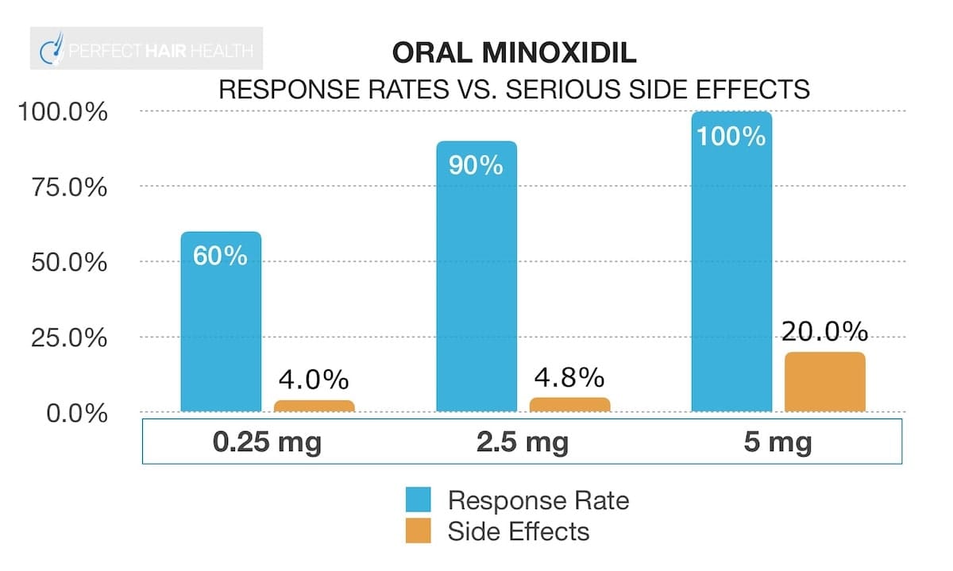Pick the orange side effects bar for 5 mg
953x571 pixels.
click(x=824, y=382)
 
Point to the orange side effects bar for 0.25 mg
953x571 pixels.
click(x=314, y=406)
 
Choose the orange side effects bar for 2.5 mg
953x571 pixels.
click(x=569, y=405)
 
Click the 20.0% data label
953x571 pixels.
click(x=824, y=331)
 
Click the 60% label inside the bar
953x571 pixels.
click(x=220, y=257)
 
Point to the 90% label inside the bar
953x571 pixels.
click(x=476, y=165)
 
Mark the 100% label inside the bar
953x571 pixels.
click(x=731, y=136)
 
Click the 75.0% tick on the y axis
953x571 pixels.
click(x=62, y=188)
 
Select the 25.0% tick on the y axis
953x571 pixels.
click(x=62, y=338)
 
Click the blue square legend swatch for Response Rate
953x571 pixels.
click(x=418, y=500)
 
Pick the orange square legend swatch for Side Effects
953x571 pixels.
click(x=418, y=530)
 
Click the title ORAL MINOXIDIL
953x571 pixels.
click(x=514, y=54)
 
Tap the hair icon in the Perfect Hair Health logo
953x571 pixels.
click(x=52, y=50)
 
